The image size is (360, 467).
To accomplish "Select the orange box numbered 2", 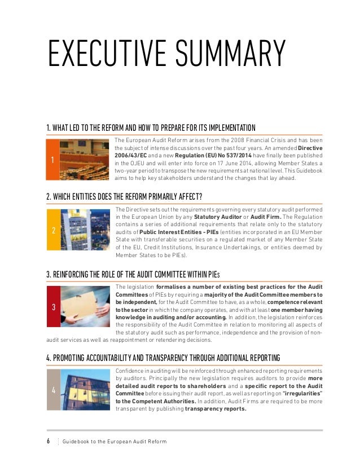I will point(52,231).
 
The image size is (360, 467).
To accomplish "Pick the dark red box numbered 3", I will point(52,307).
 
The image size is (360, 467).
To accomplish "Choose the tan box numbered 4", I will point(52,389).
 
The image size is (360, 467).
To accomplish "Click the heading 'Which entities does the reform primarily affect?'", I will point(124,196).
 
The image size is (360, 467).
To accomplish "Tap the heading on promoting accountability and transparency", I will point(163,358).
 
